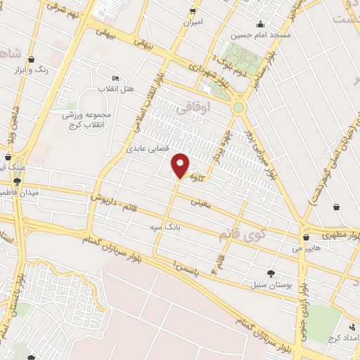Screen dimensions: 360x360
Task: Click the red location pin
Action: pyautogui.click(x=181, y=165)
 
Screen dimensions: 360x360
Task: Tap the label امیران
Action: pyautogui.click(x=193, y=22)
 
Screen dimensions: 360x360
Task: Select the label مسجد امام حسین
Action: pyautogui.click(x=261, y=34)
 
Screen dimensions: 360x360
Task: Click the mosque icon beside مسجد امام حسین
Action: pyautogui.click(x=261, y=24)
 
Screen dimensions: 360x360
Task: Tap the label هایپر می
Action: pyautogui.click(x=307, y=248)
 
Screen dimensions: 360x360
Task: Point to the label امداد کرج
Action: pyautogui.click(x=342, y=339)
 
